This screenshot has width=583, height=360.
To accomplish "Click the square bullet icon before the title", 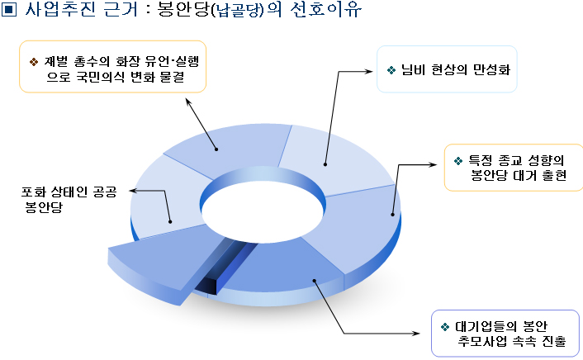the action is click(x=8, y=9).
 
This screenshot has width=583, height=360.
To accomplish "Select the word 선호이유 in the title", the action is click(x=325, y=9).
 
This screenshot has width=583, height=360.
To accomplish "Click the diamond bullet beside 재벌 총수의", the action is click(x=34, y=62).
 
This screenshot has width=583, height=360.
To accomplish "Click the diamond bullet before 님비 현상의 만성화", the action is click(x=391, y=70).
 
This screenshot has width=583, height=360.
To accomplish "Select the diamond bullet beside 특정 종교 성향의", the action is click(x=458, y=161).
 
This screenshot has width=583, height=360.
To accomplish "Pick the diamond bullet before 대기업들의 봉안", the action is click(x=445, y=327).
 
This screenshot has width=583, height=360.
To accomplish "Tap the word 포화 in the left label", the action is click(x=33, y=192).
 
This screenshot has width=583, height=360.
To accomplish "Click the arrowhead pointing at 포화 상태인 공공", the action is click(x=132, y=191).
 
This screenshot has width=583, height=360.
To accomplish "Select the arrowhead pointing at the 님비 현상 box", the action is click(x=369, y=71).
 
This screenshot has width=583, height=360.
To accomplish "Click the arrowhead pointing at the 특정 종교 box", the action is click(x=434, y=164).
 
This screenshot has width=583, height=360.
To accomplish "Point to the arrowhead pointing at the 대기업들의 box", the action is click(x=415, y=334).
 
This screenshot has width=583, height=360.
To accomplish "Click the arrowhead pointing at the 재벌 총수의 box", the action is click(x=188, y=102).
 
